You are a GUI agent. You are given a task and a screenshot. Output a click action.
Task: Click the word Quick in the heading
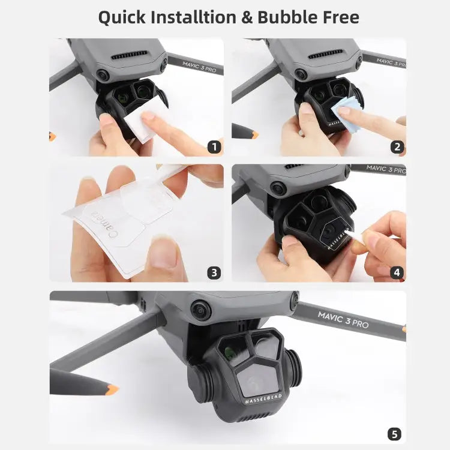(122, 18)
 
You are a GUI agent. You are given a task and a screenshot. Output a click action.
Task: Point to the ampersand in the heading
(247, 17)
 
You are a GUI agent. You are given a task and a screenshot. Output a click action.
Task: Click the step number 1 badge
(214, 147)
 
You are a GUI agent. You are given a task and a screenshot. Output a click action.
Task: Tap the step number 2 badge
(397, 147)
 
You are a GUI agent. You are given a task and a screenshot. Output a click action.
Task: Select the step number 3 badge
(214, 272)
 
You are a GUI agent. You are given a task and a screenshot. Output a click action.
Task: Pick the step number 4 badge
(397, 272)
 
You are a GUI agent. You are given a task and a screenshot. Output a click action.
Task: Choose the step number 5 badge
(394, 434)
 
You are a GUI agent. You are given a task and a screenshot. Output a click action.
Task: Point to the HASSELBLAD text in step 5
(264, 399)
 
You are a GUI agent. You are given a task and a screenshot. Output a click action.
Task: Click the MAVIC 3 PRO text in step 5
(343, 319)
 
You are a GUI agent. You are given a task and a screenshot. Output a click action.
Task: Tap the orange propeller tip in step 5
(112, 390)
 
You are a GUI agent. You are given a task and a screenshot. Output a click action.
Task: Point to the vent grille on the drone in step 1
(129, 55)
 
